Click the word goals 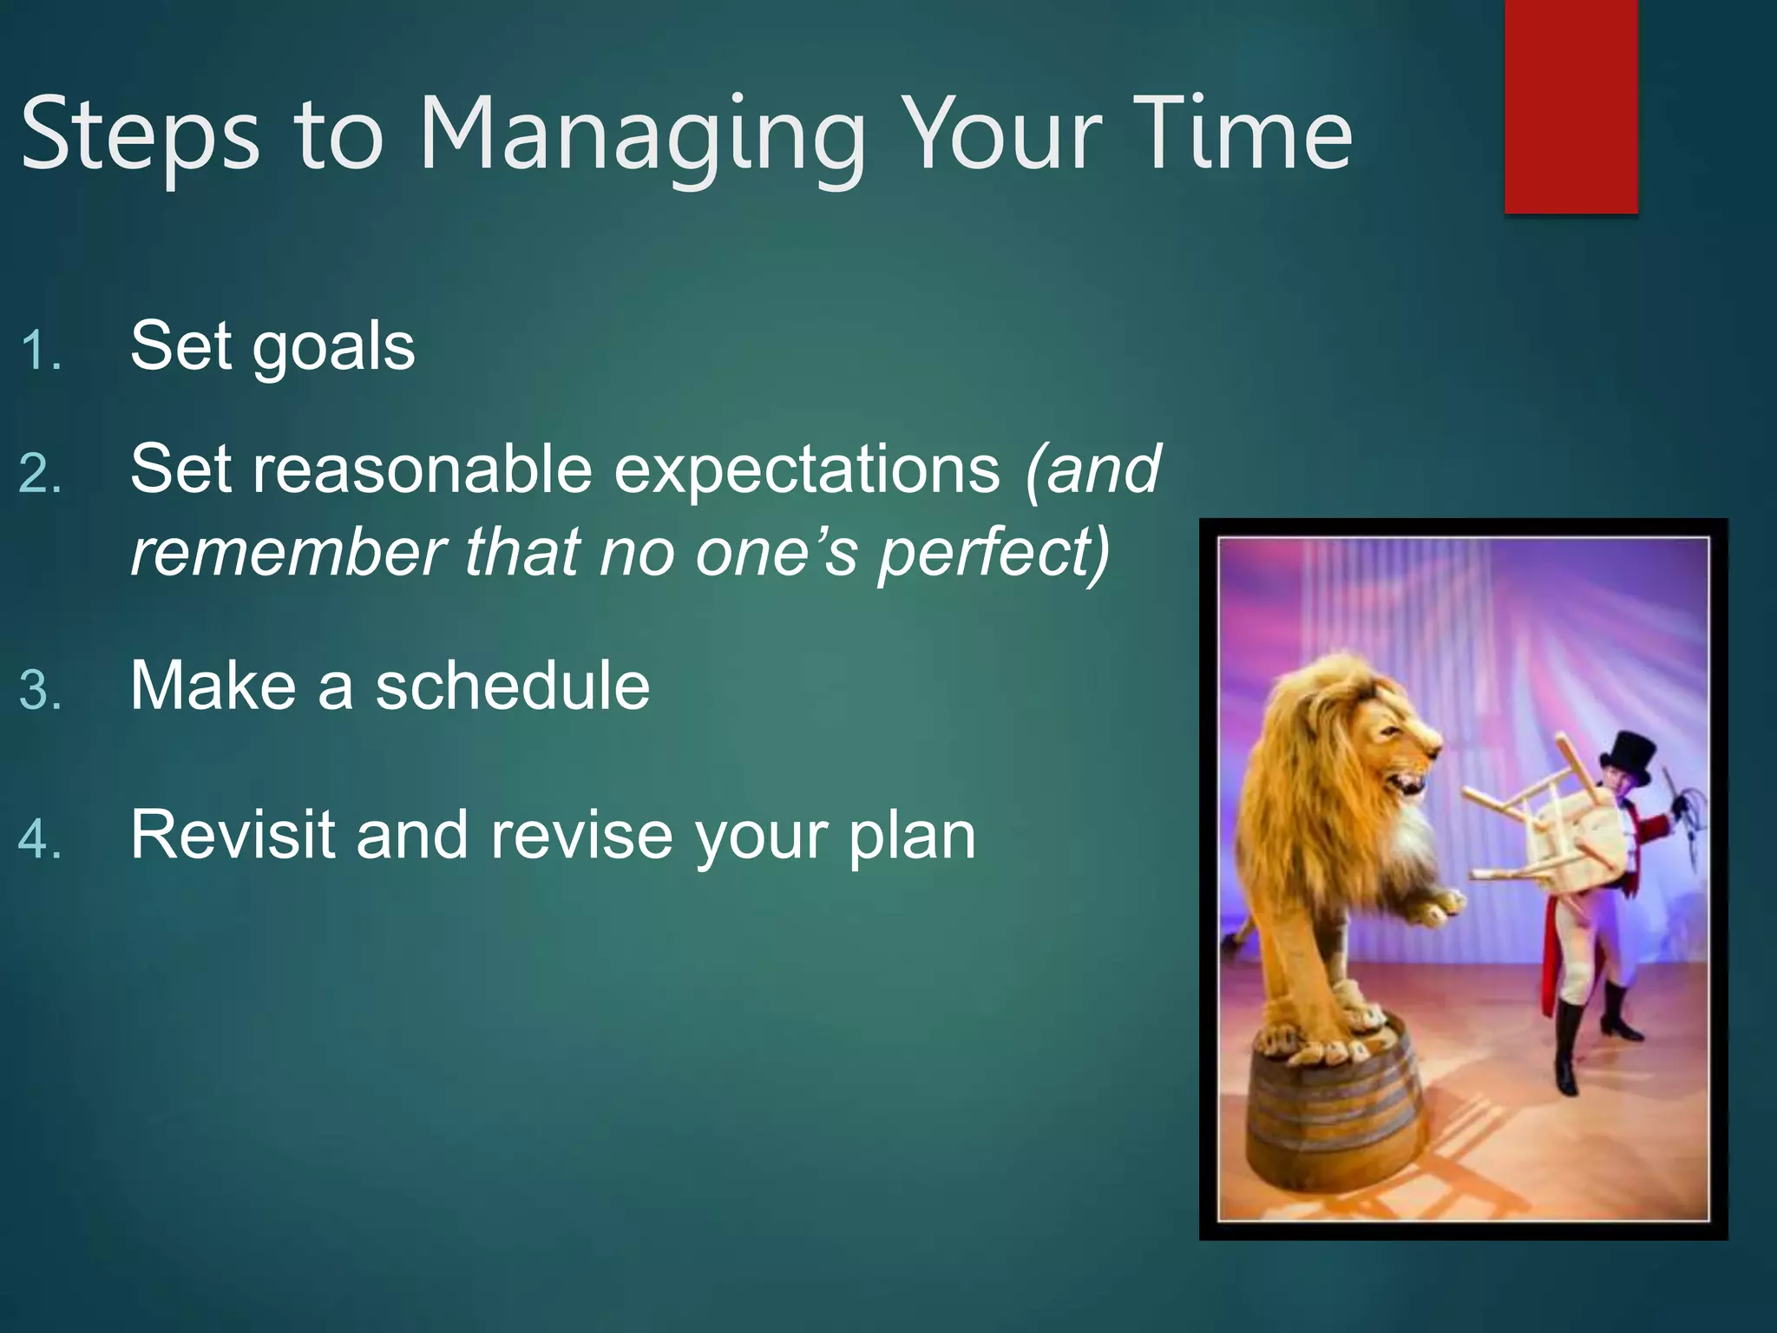[x=333, y=347]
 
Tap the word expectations [x=807, y=471]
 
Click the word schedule [x=512, y=686]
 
